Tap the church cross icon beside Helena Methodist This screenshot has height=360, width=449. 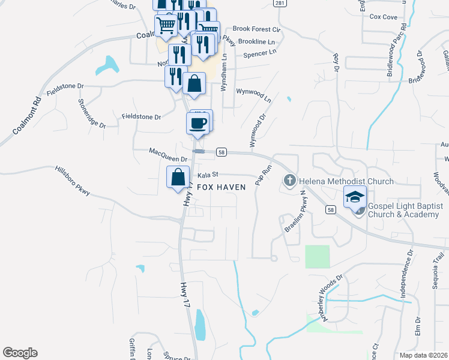[x=289, y=181]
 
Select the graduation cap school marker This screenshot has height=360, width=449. [x=354, y=196]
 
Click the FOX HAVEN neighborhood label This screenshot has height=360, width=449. [x=221, y=187]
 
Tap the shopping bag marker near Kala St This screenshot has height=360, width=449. [x=178, y=178]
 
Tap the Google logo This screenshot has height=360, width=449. [x=20, y=353]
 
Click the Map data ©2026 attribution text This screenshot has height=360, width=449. [x=423, y=355]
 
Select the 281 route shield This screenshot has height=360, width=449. [x=279, y=3]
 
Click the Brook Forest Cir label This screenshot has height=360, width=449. [x=256, y=29]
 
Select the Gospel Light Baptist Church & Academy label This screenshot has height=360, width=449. [x=405, y=210]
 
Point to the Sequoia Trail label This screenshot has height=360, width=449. [x=438, y=271]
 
